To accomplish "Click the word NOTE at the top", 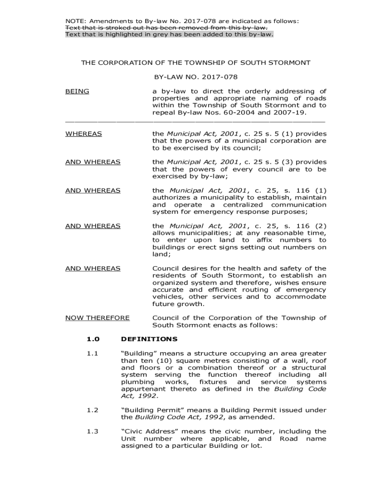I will [x=74, y=21].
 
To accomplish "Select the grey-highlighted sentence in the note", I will [x=169, y=35].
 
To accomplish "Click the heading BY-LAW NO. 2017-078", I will [x=196, y=77].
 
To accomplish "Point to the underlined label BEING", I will [x=77, y=91].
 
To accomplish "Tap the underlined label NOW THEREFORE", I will [x=98, y=318].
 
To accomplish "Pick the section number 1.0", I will [x=93, y=339].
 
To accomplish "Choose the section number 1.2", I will [x=93, y=410].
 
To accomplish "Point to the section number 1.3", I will [x=93, y=431].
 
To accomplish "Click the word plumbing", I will [x=134, y=382].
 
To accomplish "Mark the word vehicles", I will [x=168, y=297].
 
